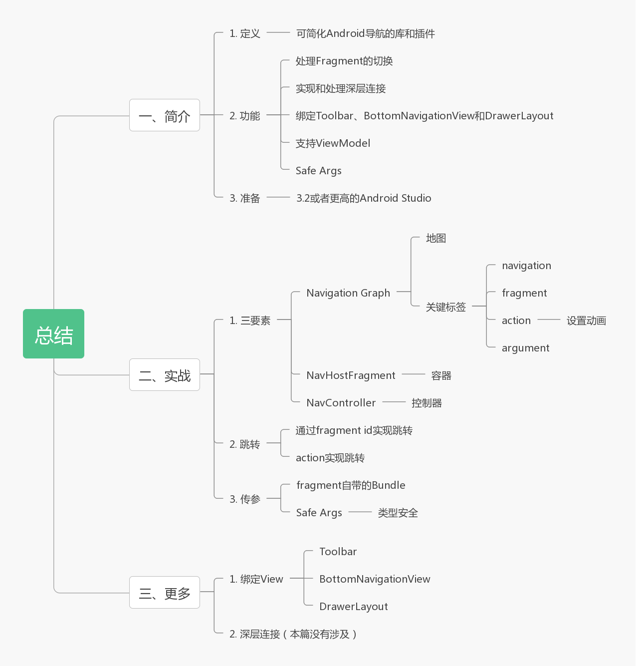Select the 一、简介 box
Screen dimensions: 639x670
tap(165, 115)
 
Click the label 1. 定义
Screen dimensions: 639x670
tap(245, 34)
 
